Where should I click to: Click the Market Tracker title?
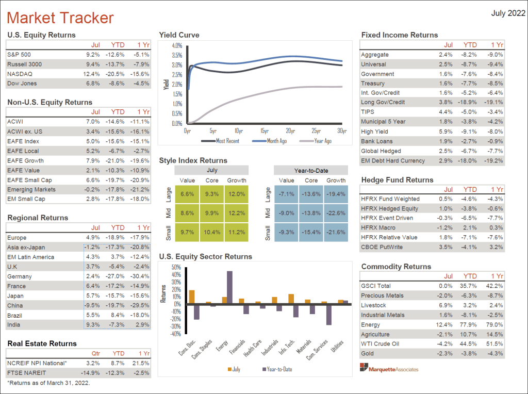click(x=60, y=18)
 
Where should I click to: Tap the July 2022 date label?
click(x=508, y=13)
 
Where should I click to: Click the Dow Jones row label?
click(x=22, y=83)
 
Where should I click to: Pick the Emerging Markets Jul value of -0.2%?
click(x=93, y=189)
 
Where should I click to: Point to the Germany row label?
click(x=20, y=276)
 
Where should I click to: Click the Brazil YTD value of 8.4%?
click(x=118, y=315)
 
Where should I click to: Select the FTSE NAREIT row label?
click(x=27, y=373)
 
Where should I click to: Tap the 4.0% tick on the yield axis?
click(x=177, y=45)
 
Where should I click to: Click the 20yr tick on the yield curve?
click(x=290, y=131)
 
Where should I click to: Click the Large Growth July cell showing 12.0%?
click(x=237, y=193)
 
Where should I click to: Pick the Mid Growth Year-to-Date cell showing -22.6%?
click(x=336, y=212)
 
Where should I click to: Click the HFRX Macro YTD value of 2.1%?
click(x=472, y=228)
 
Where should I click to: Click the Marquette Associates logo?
click(x=390, y=369)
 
